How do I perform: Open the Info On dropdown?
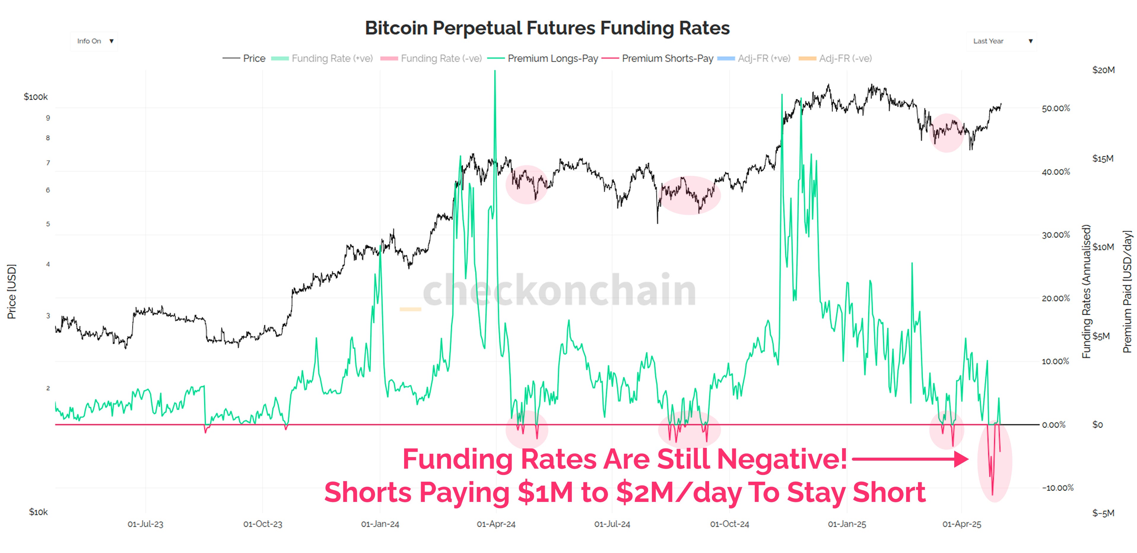coord(94,41)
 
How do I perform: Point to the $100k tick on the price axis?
coord(36,97)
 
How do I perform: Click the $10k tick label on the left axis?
coord(38,512)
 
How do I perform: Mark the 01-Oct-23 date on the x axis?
coord(263,524)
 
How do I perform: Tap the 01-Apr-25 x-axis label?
coord(962,524)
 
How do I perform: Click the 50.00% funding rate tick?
coord(1056,108)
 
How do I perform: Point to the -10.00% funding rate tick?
coord(1057,488)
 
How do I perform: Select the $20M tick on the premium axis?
coord(1103,70)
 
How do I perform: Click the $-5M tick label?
coord(1103,513)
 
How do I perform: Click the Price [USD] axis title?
coord(12,292)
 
